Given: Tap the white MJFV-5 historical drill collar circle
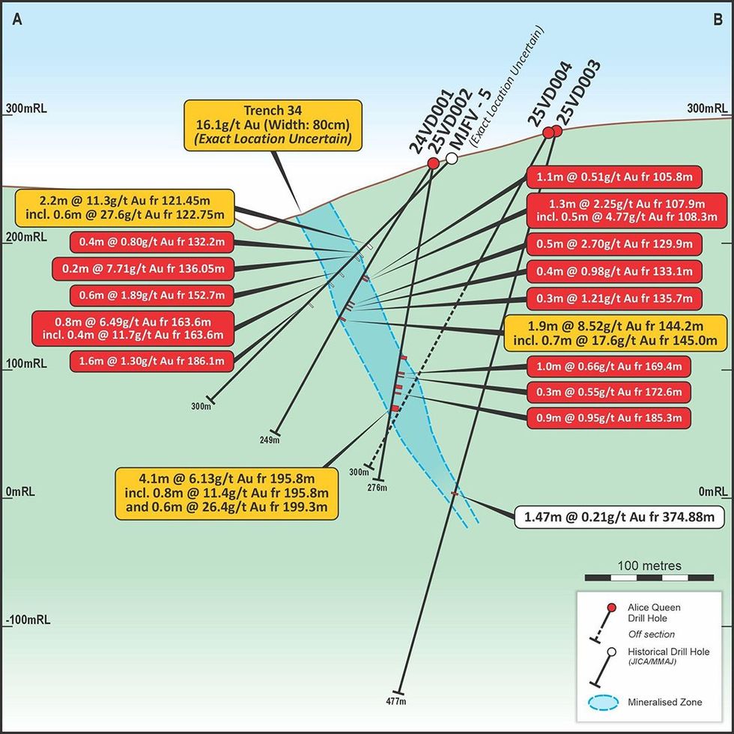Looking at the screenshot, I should [452, 159].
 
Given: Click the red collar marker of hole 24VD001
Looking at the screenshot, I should [433, 163].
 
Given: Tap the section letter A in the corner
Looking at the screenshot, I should [16, 21].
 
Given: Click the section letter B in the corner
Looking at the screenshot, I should [716, 21].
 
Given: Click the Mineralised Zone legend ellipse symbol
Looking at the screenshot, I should [601, 703].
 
